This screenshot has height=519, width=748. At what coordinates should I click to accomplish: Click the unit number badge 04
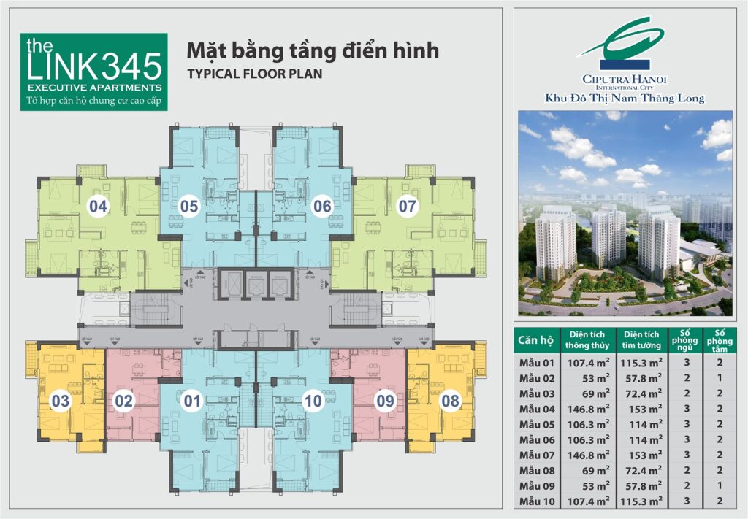coord(98,207)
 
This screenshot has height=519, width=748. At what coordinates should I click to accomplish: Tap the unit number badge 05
coord(189,207)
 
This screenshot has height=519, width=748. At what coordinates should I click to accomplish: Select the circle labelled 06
coord(322,207)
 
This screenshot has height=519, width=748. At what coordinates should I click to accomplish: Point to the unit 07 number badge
coord(407,207)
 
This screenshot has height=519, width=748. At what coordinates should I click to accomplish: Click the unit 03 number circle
coord(61,400)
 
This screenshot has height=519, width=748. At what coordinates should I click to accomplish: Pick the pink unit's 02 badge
coord(124,400)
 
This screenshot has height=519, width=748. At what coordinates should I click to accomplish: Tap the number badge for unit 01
coord(192,400)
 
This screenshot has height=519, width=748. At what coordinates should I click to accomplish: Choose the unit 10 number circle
coord(313,400)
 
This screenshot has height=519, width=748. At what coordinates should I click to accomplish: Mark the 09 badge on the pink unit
coord(385,400)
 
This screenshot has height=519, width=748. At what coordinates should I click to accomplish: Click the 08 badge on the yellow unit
coord(451,400)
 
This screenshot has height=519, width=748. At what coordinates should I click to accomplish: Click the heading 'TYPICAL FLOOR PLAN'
coord(254,74)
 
